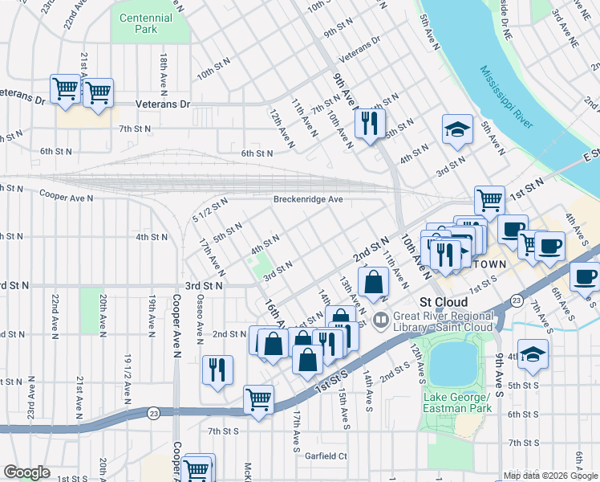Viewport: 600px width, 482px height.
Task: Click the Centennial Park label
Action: [x=145, y=23]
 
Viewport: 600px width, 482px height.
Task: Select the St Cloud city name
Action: [x=438, y=302]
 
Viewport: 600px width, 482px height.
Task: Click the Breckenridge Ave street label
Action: [x=307, y=199]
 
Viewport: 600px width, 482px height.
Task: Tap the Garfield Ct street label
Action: [x=325, y=455]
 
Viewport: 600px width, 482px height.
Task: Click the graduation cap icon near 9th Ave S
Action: [x=533, y=353]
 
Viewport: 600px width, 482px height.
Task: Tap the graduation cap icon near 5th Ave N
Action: [x=456, y=129]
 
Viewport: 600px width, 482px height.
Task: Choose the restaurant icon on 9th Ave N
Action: [x=369, y=123]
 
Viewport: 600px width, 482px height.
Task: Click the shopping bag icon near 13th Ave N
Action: [x=374, y=282]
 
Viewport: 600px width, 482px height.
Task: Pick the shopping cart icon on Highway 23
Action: [x=258, y=398]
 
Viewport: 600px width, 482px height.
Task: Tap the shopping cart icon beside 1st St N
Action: [x=489, y=198]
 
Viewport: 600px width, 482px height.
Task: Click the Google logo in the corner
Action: [x=26, y=472]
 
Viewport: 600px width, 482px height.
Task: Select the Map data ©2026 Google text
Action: [x=549, y=476]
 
